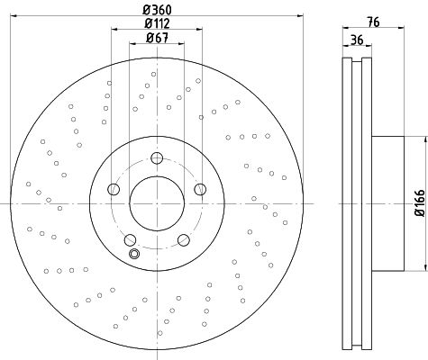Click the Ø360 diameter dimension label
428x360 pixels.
(157, 10)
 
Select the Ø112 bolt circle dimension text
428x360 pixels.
(157, 23)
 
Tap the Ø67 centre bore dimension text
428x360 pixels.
(157, 38)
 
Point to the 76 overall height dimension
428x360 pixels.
(373, 22)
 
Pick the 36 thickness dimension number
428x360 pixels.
(357, 40)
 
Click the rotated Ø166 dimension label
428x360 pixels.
(420, 202)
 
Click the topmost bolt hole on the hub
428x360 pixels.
(157, 157)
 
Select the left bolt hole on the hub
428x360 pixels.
(114, 189)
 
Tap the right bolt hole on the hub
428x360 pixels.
(200, 189)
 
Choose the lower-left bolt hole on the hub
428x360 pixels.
(130, 239)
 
